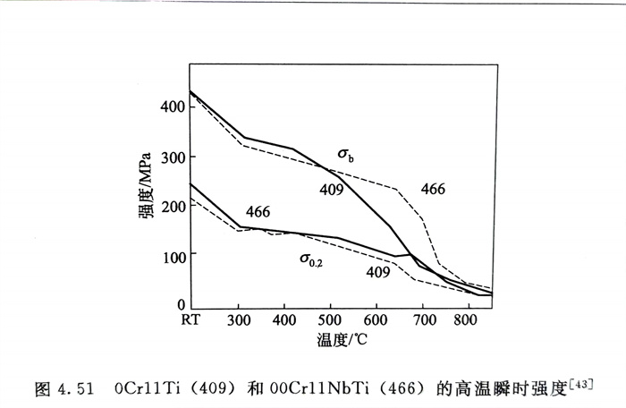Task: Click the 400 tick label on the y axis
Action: tap(171, 106)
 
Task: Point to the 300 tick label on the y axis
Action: tap(171, 157)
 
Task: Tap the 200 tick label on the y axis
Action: tap(171, 206)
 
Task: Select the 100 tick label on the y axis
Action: tap(171, 257)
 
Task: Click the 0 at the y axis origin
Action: tap(181, 305)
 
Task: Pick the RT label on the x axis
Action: tap(190, 319)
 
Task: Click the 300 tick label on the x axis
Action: tap(238, 319)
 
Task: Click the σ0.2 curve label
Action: tap(311, 259)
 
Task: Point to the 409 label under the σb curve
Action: tap(333, 191)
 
